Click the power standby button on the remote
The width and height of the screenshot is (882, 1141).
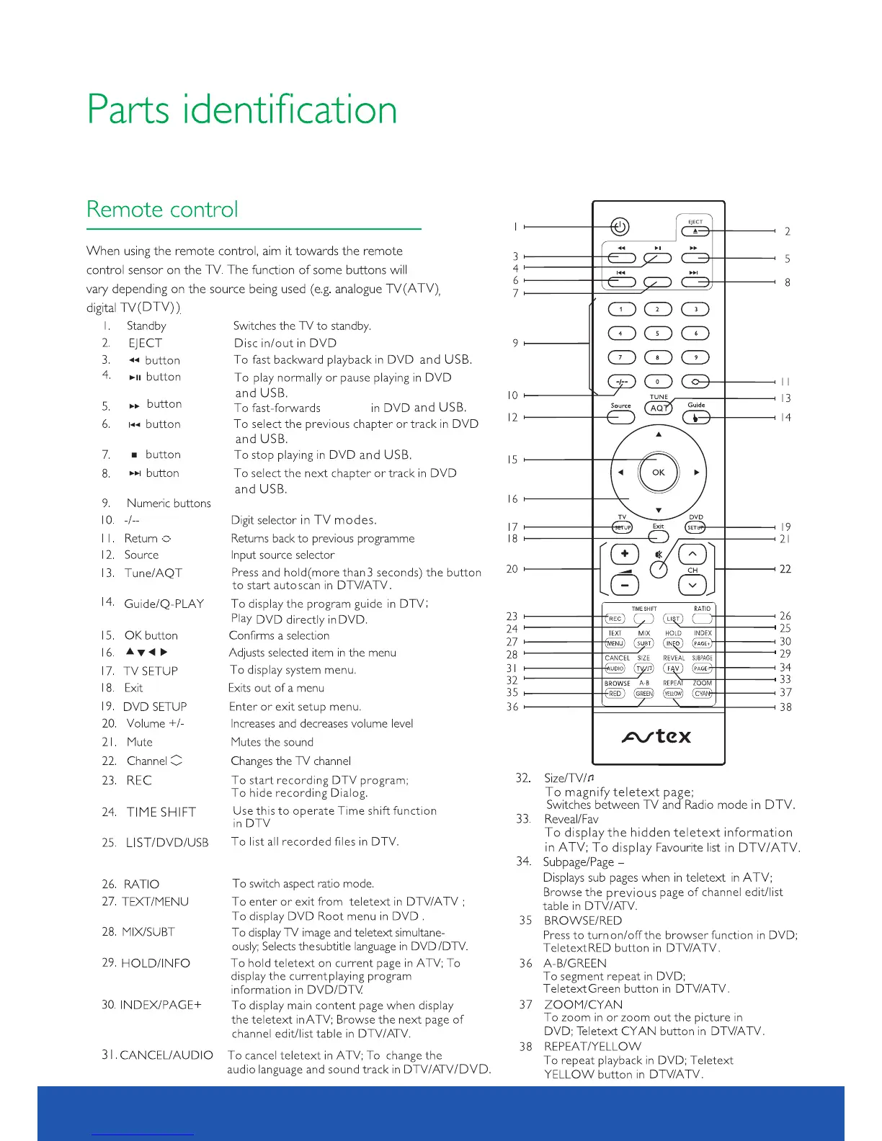click(620, 227)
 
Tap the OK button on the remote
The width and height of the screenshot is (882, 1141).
click(659, 473)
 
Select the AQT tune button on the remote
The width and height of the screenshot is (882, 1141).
click(658, 408)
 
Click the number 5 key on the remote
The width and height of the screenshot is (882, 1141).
click(657, 334)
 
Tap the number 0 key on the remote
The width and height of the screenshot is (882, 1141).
click(657, 382)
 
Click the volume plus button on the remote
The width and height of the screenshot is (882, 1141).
click(625, 554)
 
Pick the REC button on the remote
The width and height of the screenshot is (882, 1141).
click(615, 619)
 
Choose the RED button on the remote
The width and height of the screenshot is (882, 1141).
click(615, 694)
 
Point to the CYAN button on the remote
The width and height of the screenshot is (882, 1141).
click(702, 694)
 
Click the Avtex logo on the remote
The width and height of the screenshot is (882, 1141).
click(656, 736)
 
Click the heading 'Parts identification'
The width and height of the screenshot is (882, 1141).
click(242, 109)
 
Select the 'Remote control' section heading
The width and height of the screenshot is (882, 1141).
click(162, 210)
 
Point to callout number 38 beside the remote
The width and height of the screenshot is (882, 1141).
click(785, 707)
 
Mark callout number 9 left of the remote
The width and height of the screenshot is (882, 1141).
click(515, 343)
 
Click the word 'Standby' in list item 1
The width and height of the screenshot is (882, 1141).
click(146, 326)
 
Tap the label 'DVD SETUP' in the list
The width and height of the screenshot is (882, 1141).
click(155, 707)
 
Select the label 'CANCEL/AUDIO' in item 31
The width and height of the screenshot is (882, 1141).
click(166, 1055)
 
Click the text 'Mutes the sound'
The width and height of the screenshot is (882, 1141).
click(272, 742)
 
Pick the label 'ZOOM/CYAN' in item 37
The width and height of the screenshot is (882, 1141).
click(584, 1005)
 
